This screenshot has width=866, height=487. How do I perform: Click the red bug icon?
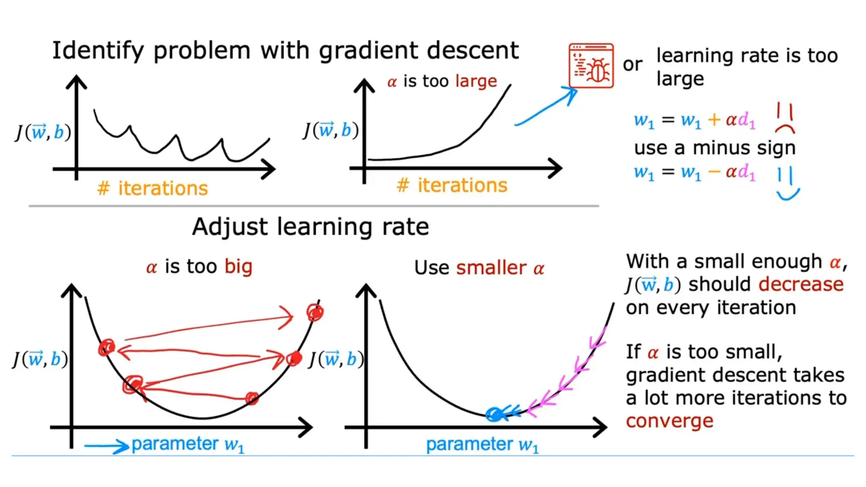(x=591, y=66)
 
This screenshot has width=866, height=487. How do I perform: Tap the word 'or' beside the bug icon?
(x=633, y=64)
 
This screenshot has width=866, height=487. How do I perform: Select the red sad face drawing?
(x=785, y=119)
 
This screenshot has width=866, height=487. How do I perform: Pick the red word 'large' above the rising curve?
(x=476, y=81)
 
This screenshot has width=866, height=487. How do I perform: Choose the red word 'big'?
(x=238, y=267)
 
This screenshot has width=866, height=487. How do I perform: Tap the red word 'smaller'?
(x=491, y=268)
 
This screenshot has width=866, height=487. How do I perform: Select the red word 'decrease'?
(x=801, y=284)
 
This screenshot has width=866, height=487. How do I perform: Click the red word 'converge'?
(x=669, y=421)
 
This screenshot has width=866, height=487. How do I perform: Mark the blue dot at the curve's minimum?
(x=494, y=414)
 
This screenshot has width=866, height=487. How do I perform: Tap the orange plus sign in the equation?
(x=714, y=120)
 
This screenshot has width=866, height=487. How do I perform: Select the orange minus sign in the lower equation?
(x=714, y=172)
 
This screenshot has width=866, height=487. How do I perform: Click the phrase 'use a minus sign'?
(x=715, y=148)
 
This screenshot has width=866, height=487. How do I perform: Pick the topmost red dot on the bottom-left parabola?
(x=315, y=313)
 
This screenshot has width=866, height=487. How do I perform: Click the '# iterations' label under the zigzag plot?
(x=153, y=188)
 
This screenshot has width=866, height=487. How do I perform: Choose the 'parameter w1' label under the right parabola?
(x=482, y=445)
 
